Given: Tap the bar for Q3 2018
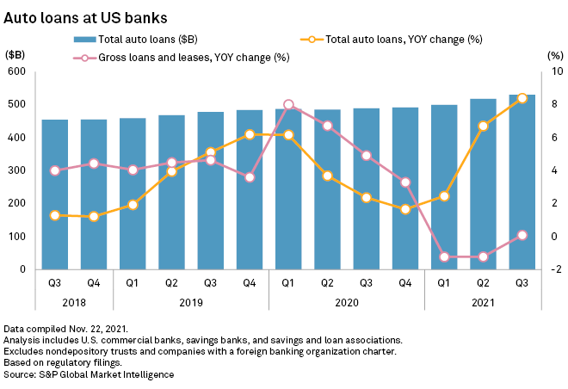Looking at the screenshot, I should point(55,194).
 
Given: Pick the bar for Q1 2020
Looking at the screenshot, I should point(287,188).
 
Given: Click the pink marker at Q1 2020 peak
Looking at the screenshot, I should point(288,105).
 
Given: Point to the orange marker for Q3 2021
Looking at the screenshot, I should point(522,98).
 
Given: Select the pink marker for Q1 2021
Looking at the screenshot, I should point(444,256).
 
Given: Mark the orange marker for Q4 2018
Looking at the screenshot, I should point(94,217).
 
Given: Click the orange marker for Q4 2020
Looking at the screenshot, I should point(405,209).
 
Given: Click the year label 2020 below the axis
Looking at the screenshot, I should point(346,302).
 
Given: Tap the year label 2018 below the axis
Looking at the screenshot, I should point(74,302).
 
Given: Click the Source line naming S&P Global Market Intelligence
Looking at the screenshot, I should point(89,374).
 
